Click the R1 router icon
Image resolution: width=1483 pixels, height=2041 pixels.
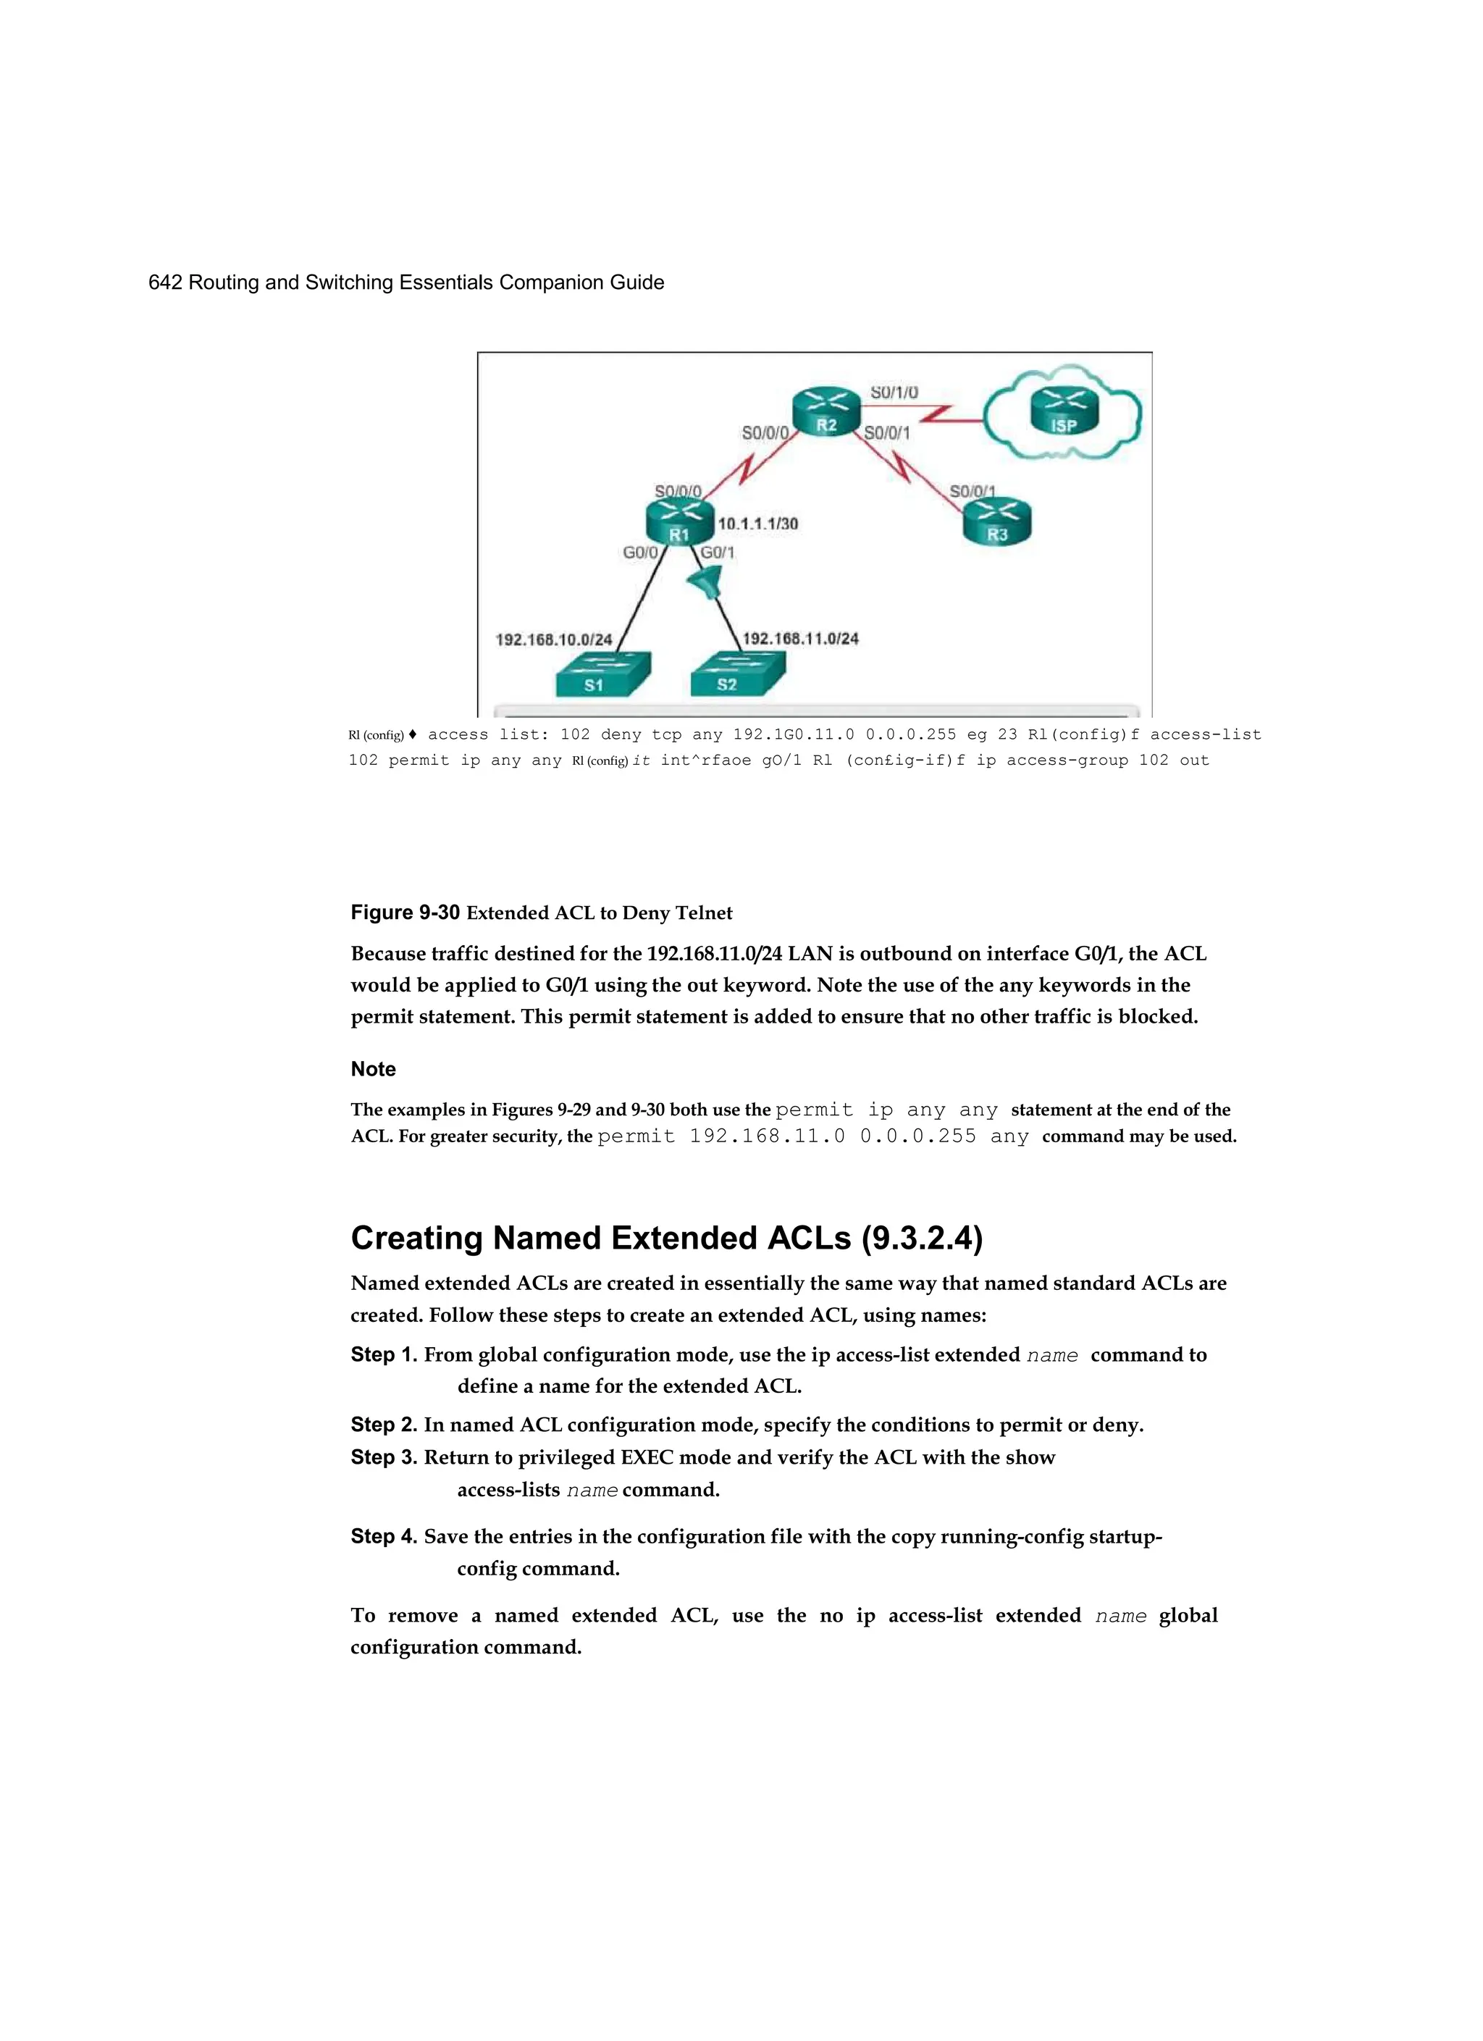[679, 523]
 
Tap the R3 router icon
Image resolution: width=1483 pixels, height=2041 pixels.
[997, 523]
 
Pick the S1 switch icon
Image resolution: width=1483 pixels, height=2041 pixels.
[601, 675]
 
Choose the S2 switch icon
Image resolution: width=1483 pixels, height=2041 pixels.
[736, 675]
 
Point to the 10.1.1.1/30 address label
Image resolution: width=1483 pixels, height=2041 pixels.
[757, 524]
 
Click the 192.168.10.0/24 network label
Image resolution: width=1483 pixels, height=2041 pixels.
[553, 640]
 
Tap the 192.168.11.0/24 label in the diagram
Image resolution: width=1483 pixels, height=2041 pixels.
[800, 639]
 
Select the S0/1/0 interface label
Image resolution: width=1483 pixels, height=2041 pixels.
[894, 393]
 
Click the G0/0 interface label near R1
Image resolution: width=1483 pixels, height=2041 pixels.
[640, 553]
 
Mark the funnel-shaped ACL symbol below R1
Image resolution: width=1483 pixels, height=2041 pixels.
[705, 586]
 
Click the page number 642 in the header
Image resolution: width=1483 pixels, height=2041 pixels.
[164, 282]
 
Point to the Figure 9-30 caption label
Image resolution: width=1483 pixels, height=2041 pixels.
[405, 913]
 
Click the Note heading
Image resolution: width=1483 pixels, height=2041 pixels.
[372, 1069]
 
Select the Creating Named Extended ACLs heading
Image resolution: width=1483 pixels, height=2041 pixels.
[666, 1239]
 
